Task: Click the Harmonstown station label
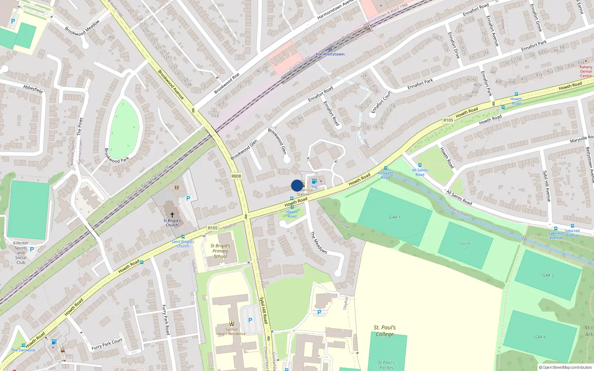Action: click(330, 54)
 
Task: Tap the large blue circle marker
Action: click(297, 185)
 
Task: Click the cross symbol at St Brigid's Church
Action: click(172, 214)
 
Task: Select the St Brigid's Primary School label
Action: click(220, 251)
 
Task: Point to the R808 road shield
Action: click(236, 176)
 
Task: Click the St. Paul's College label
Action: click(385, 331)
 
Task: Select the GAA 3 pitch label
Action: click(548, 275)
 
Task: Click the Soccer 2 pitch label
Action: click(465, 246)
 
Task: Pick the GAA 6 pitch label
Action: click(540, 337)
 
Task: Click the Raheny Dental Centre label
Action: click(586, 71)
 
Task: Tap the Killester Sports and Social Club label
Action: click(21, 253)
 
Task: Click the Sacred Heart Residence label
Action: click(231, 331)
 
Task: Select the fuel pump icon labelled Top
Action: click(314, 181)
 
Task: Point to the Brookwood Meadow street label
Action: click(82, 28)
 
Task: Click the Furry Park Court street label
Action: click(107, 344)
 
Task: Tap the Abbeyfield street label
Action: click(33, 89)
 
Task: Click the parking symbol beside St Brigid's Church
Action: click(188, 198)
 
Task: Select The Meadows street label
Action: click(319, 243)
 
